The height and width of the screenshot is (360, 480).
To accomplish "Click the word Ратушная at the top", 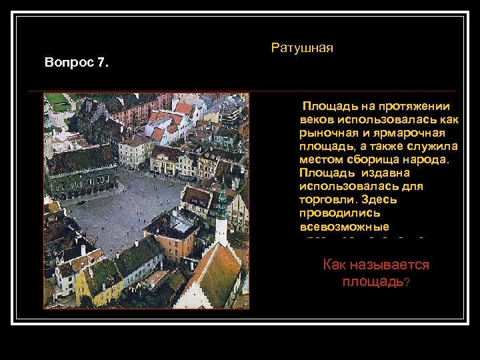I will click(x=302, y=48).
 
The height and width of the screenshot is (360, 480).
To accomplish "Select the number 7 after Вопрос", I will click(x=102, y=63).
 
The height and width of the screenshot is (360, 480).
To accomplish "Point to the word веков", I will click(x=317, y=119).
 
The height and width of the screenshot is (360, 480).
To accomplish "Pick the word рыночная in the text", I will click(x=328, y=132).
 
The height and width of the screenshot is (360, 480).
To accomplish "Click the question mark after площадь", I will click(x=407, y=282).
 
